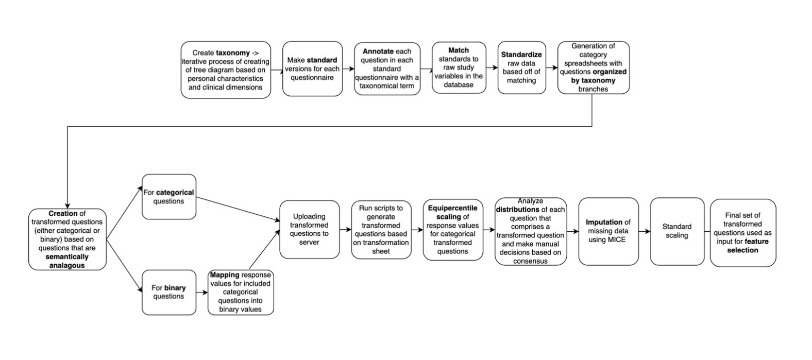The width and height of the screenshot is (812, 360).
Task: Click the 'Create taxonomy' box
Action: point(226,70)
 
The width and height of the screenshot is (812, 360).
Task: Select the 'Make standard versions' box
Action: point(312,69)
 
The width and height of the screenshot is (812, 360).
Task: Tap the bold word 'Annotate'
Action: point(378,52)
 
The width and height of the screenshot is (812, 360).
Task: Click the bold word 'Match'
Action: point(459,50)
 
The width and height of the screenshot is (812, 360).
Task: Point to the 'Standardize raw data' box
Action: point(521,67)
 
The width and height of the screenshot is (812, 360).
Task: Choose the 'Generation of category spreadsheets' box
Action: point(593,67)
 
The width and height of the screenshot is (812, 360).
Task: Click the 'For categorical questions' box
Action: point(168,197)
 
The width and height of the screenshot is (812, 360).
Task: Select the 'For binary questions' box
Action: point(168,292)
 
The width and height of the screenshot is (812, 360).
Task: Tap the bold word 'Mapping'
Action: point(225,275)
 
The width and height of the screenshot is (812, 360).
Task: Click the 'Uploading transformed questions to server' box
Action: point(309,229)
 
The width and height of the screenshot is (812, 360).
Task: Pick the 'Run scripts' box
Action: point(381,229)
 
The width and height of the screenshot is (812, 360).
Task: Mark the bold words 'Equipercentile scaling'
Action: point(452,212)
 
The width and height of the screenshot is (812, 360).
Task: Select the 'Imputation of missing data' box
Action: point(608,231)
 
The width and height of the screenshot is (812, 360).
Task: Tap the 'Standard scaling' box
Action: point(676,231)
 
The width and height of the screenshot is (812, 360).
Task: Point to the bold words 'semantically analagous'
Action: point(67,261)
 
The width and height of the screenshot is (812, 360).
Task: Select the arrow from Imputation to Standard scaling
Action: point(645,231)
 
